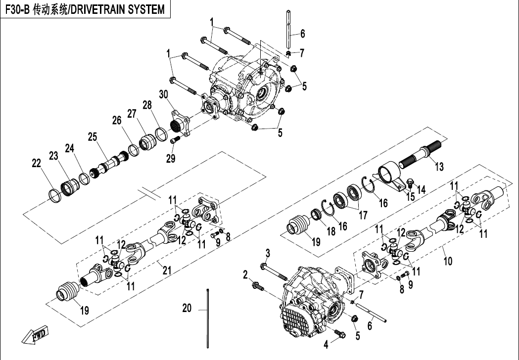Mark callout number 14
(x=422, y=188)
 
